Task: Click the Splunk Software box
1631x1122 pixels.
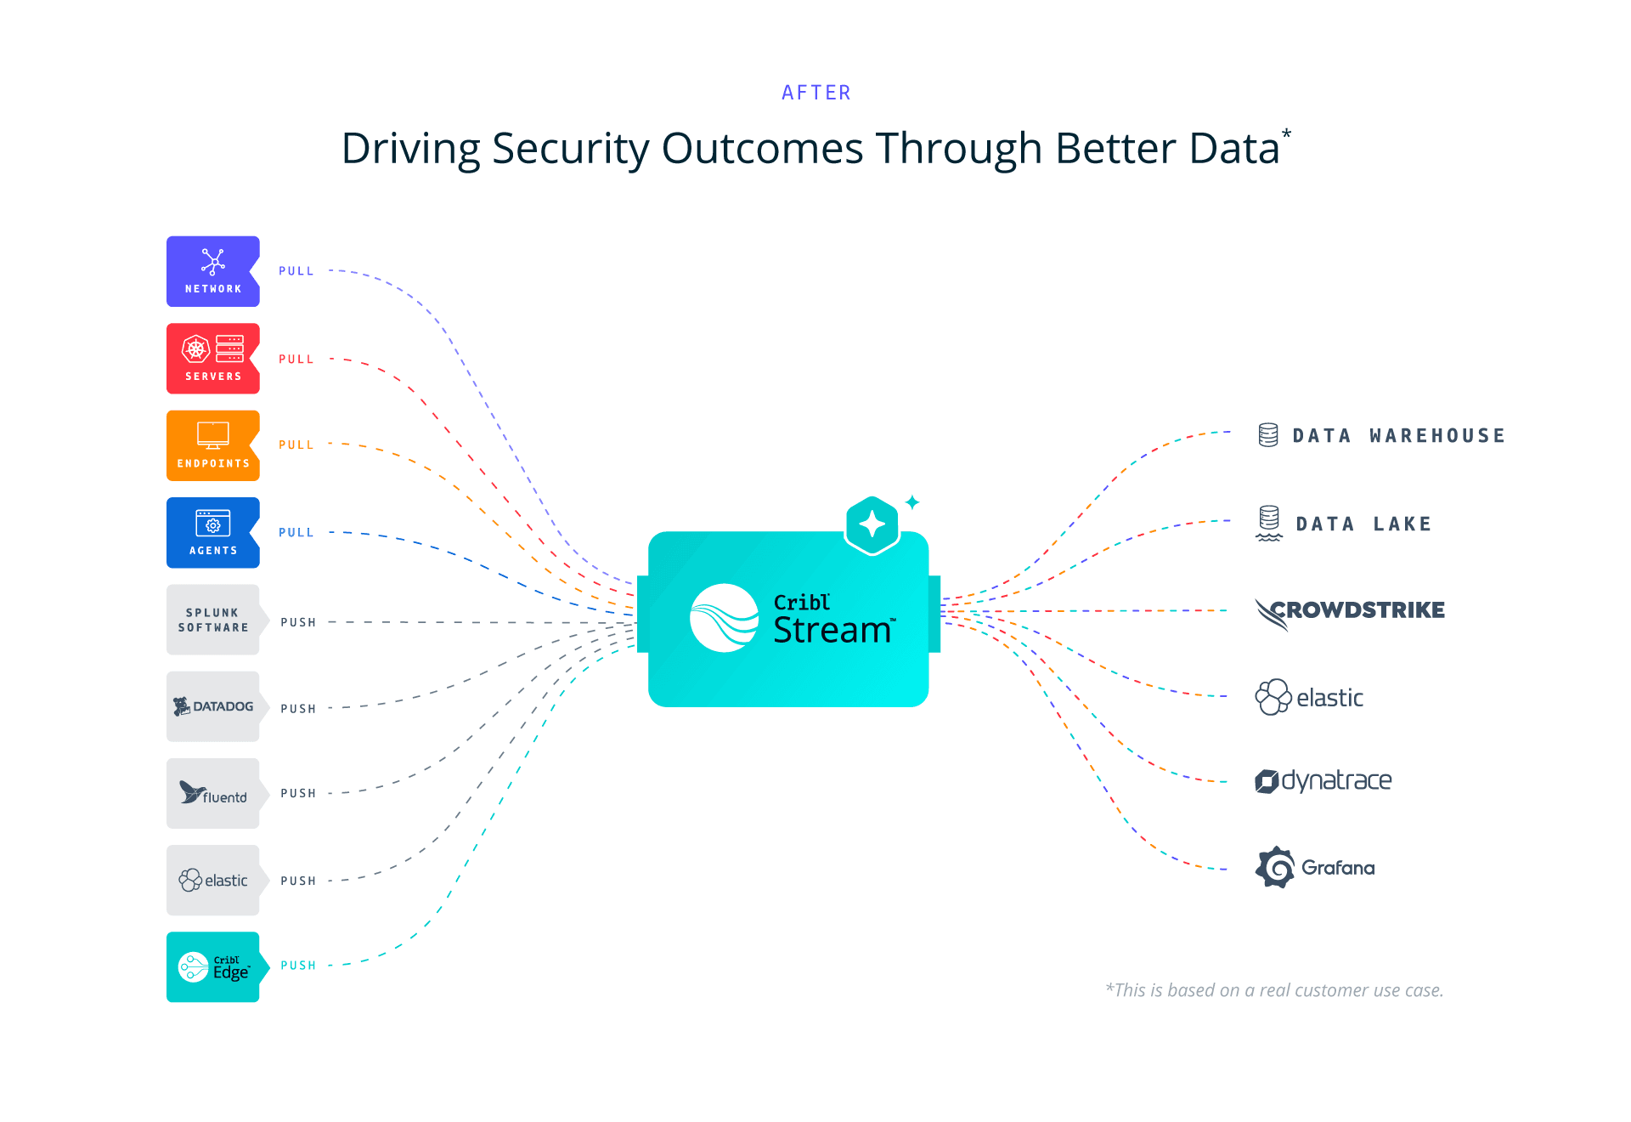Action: [x=212, y=620]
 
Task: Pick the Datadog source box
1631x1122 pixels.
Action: [x=212, y=706]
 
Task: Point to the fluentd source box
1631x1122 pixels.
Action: [x=212, y=793]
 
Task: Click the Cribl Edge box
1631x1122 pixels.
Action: [x=212, y=966]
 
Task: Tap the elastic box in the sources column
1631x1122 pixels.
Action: [x=212, y=880]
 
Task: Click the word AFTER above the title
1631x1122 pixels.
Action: [x=815, y=93]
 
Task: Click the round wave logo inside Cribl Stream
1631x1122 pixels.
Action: [x=724, y=618]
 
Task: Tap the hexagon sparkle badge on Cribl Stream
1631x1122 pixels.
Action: [x=872, y=524]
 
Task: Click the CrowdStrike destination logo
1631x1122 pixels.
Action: [x=1350, y=611]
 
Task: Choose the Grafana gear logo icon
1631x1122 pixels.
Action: [x=1275, y=867]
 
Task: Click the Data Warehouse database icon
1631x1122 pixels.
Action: [x=1267, y=435]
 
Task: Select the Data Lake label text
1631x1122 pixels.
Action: [x=1363, y=524]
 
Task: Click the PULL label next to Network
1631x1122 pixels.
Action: [x=296, y=271]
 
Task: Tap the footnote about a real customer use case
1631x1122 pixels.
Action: [x=1274, y=990]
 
